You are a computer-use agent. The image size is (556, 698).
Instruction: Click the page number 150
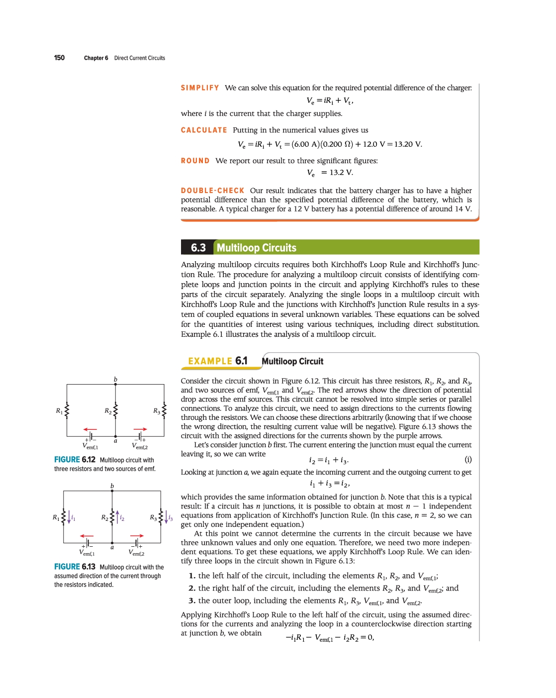click(x=59, y=58)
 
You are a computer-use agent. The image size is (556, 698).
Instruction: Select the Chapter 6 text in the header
click(x=96, y=58)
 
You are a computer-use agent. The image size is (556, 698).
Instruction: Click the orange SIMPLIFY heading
click(x=200, y=88)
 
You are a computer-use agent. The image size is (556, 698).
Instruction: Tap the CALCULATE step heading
click(x=204, y=130)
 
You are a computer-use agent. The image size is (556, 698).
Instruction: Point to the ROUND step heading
click(x=195, y=161)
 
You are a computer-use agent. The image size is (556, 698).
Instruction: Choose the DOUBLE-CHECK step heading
click(x=213, y=191)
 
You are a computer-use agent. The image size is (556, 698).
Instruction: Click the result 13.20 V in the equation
click(x=408, y=144)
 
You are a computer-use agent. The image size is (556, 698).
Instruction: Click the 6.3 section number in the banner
click(x=198, y=248)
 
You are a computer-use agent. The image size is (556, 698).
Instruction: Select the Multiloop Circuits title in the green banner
click(x=256, y=248)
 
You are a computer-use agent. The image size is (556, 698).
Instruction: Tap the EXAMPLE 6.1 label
click(x=217, y=361)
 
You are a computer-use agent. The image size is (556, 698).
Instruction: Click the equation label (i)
click(x=468, y=459)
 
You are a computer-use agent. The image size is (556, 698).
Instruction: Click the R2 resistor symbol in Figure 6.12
click(x=115, y=410)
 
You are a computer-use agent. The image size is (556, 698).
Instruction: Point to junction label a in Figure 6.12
click(x=115, y=441)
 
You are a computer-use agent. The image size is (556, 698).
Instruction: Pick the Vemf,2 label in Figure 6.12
click(x=140, y=446)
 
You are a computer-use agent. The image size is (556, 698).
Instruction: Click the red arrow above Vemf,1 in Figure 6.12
click(x=90, y=429)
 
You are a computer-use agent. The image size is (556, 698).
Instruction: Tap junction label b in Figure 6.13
click(x=112, y=486)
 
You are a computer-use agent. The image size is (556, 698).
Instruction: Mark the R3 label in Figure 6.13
click(x=153, y=517)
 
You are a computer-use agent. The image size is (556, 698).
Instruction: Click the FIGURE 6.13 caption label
click(x=75, y=567)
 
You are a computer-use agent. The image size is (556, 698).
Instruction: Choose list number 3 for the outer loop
click(x=191, y=601)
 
